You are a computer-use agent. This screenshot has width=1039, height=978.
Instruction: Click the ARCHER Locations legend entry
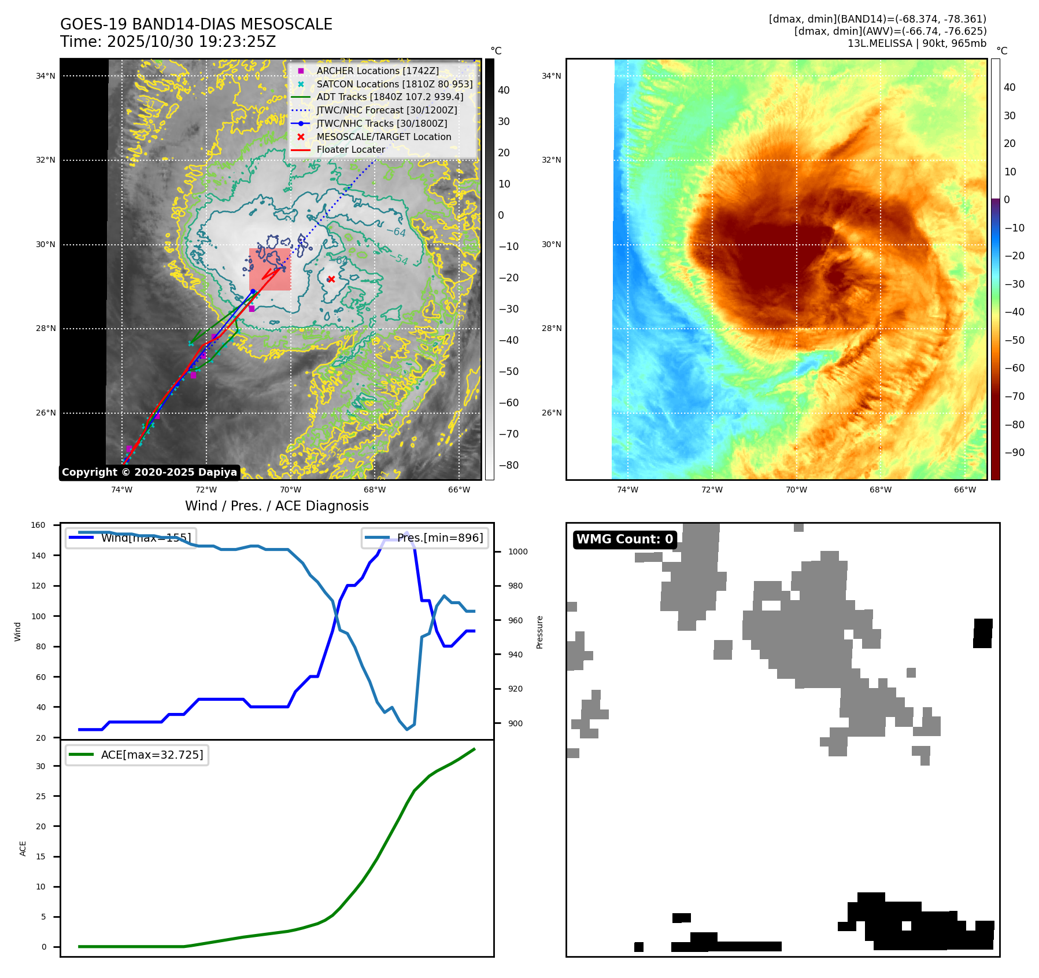tap(377, 71)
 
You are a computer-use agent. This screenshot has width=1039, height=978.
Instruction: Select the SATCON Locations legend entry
tap(394, 84)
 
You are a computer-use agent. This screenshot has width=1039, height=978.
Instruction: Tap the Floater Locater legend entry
tap(350, 149)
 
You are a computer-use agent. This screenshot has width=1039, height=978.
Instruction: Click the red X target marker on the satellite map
tap(331, 280)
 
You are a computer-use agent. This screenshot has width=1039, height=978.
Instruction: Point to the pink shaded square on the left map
tap(270, 270)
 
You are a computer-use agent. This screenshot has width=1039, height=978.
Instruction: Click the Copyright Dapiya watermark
tap(149, 472)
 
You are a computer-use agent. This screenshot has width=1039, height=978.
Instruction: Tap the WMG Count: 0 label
tap(624, 539)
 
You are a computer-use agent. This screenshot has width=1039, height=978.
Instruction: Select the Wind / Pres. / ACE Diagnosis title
tap(276, 506)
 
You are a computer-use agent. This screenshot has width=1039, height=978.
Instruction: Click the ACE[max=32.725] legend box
tap(138, 755)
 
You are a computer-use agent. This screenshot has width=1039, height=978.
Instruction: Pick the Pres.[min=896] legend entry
tap(425, 538)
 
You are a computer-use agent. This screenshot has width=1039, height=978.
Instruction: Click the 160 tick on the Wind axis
tap(38, 525)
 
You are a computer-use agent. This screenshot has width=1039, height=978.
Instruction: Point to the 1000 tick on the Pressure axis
tap(517, 552)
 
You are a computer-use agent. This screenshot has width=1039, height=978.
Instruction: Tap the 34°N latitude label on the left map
tap(46, 76)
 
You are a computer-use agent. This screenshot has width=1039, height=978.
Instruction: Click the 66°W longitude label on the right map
tap(964, 490)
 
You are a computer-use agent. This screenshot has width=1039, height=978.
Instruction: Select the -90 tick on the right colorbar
tap(1014, 453)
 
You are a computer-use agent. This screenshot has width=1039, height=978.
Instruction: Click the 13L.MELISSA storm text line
tap(916, 43)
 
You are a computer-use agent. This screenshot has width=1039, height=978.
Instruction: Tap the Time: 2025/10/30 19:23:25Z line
tap(168, 42)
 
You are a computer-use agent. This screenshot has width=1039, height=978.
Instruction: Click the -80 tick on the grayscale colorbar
tap(508, 465)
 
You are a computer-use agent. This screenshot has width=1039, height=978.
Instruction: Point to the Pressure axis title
tap(539, 632)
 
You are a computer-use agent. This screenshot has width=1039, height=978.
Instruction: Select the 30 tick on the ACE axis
tap(40, 766)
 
